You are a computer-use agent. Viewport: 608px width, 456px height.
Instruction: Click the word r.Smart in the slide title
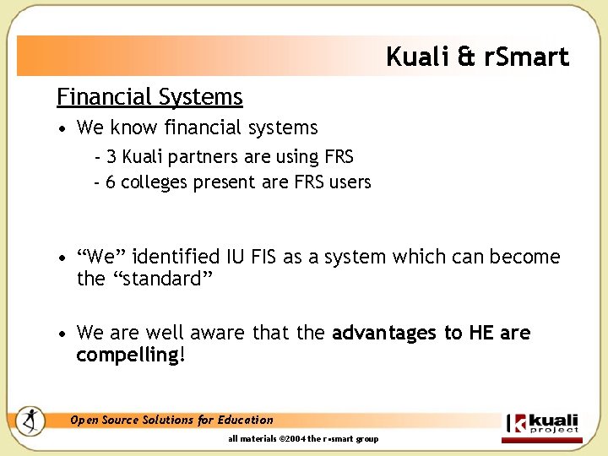pos(526,57)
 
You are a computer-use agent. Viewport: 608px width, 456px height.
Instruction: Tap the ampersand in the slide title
pos(466,57)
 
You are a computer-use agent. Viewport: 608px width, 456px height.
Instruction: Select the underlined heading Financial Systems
pos(149,98)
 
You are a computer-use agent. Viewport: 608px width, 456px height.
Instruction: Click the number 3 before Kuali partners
pos(111,157)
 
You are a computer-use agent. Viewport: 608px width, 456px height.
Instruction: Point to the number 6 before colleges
pos(111,182)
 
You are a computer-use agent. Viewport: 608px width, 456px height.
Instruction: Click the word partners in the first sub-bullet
pos(207,158)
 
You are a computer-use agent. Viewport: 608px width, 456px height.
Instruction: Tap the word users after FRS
pos(348,182)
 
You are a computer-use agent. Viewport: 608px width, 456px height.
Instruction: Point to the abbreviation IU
pos(236,257)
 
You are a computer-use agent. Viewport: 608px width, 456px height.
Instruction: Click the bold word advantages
pos(385,334)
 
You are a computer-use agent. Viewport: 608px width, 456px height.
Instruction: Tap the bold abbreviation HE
pos(481,334)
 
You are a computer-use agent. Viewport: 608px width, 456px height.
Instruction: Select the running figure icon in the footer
pos(31,420)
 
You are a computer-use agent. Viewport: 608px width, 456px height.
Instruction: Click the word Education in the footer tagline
pos(246,420)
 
